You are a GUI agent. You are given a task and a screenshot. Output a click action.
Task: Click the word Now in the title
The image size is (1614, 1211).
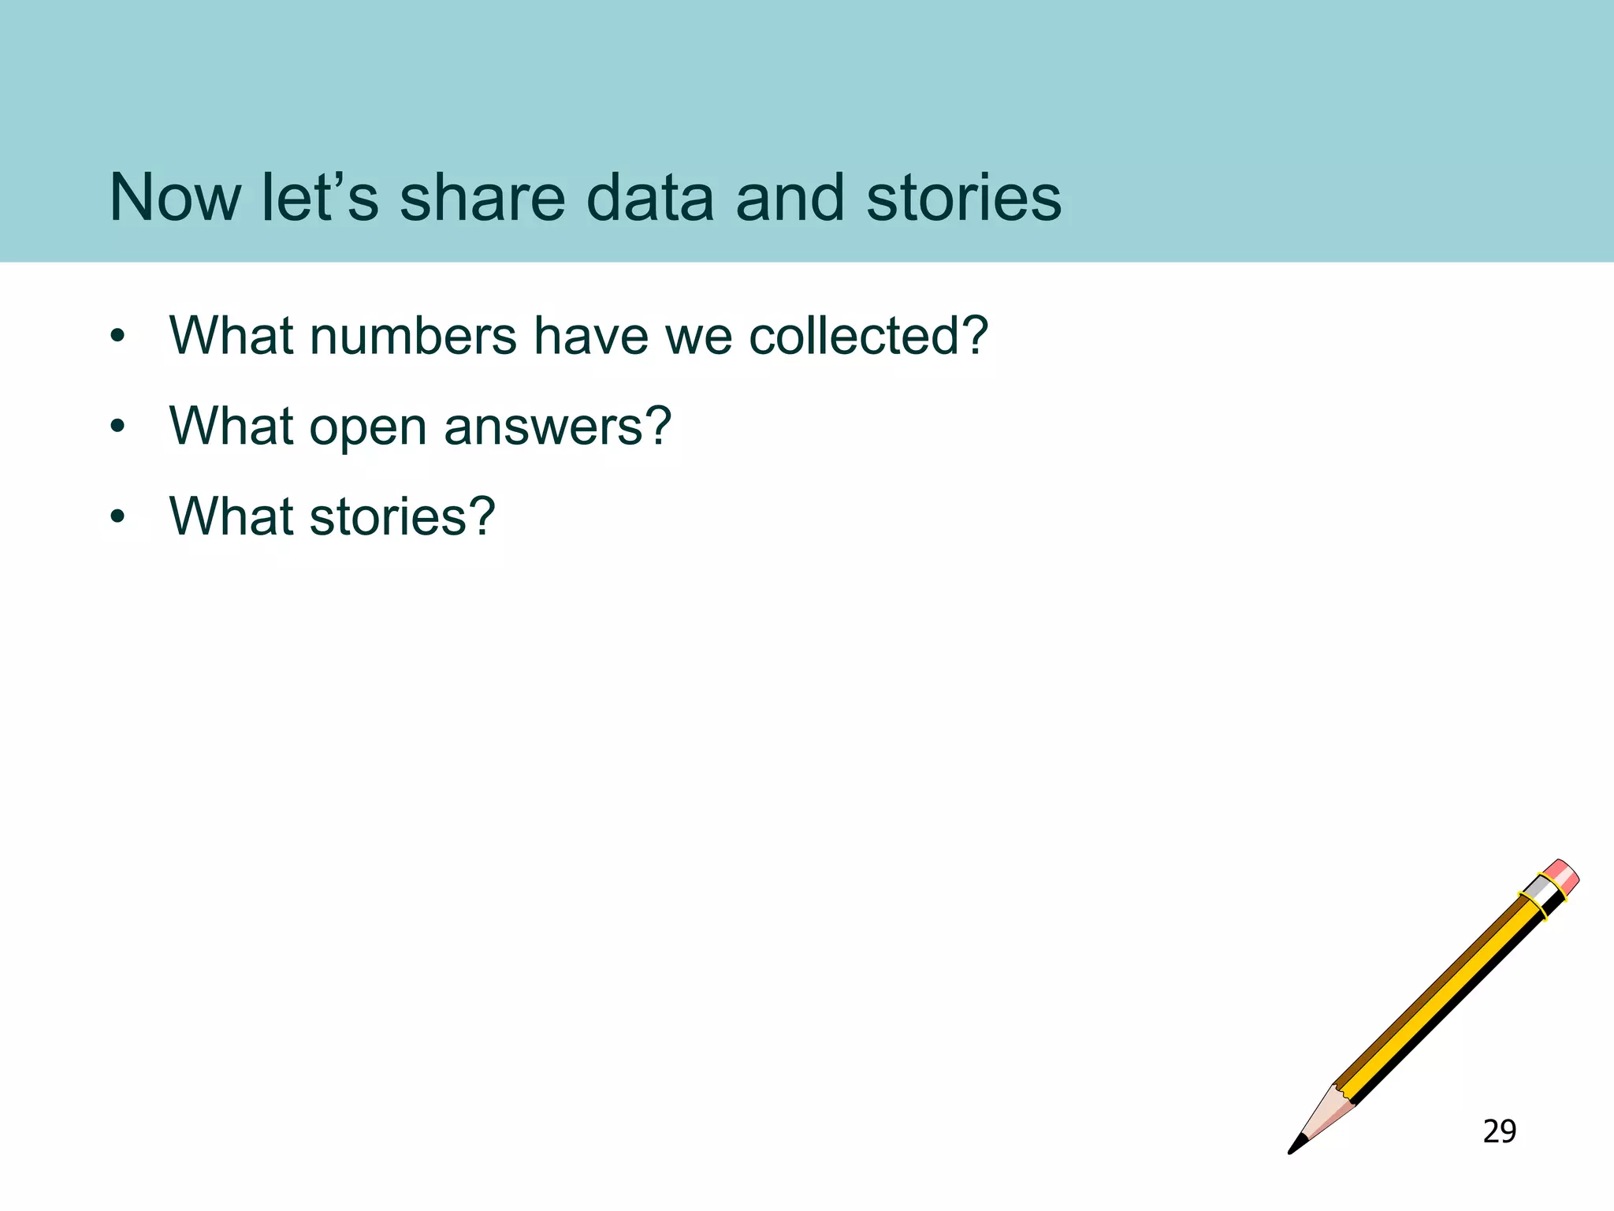175,197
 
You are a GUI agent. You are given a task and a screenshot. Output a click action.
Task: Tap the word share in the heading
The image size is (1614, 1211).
482,197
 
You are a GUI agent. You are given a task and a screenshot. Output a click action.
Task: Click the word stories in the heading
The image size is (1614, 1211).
963,197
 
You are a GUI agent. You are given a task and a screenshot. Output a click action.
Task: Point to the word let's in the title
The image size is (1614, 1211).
319,197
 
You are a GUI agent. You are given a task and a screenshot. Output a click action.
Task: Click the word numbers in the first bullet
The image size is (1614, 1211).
413,337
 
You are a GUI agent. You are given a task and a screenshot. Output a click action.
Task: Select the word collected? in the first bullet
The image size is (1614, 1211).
868,337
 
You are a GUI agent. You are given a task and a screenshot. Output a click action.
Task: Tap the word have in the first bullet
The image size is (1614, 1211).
591,337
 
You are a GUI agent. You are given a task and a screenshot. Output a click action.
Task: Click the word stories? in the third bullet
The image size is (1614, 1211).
402,518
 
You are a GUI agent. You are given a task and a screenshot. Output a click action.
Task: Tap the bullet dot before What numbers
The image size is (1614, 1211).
118,337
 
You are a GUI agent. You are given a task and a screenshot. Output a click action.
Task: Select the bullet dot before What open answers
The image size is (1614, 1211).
118,428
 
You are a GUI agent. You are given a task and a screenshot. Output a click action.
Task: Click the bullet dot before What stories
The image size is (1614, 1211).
118,518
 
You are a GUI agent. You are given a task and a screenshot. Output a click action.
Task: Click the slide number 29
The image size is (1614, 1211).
1499,1131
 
